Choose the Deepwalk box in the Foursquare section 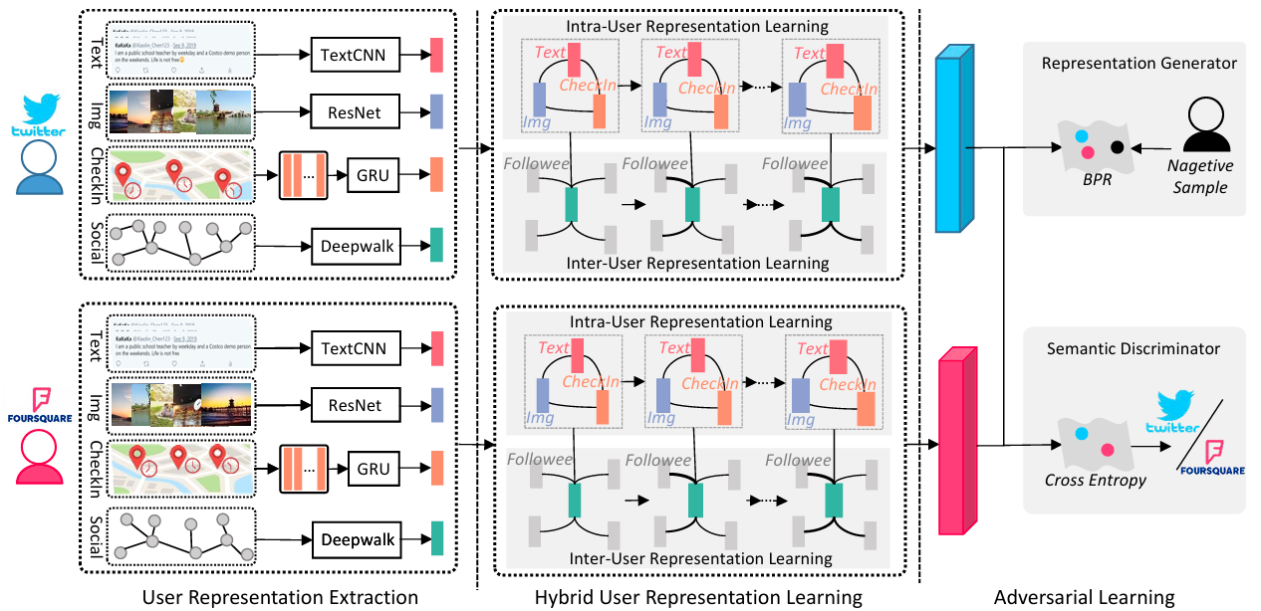[358, 540]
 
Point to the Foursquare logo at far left [38, 404]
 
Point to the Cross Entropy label [1095, 481]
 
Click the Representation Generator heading [1138, 64]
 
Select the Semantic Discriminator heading [1133, 349]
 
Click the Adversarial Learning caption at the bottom [1084, 597]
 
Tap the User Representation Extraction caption [280, 597]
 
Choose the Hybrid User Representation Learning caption [698, 597]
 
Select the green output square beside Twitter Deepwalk [436, 243]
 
